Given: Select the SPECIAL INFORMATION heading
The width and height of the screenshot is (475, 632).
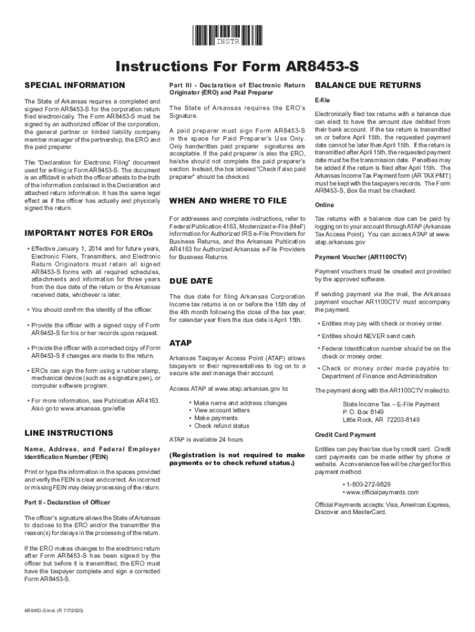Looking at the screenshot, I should pos(74,85).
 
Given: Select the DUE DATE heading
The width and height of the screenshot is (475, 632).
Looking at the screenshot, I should pos(191,281).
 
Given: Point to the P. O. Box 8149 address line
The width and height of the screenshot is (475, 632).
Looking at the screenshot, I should pos(363,412).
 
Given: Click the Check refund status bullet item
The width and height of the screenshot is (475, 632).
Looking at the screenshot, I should pos(221,426).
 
